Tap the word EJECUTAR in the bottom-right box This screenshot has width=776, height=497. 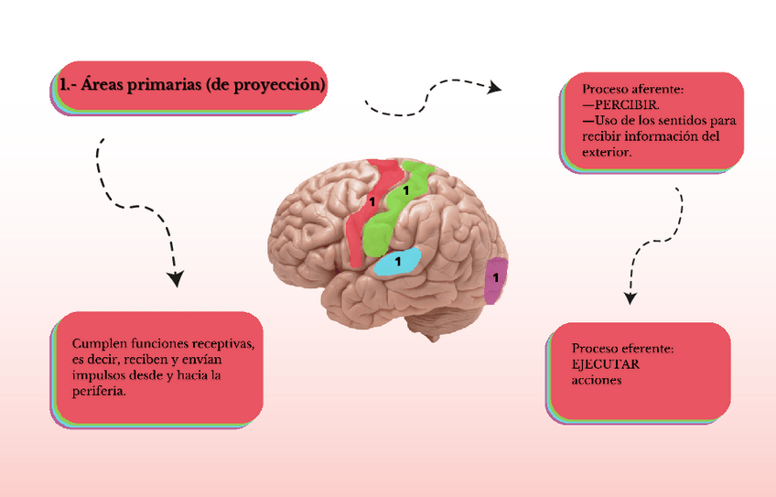point(605,364)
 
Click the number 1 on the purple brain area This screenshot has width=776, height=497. point(496,276)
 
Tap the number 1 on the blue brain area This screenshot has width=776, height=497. point(398,262)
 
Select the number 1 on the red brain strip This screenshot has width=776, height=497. point(372,199)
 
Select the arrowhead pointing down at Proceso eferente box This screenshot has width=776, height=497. point(629,297)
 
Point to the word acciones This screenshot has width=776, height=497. point(596,379)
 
